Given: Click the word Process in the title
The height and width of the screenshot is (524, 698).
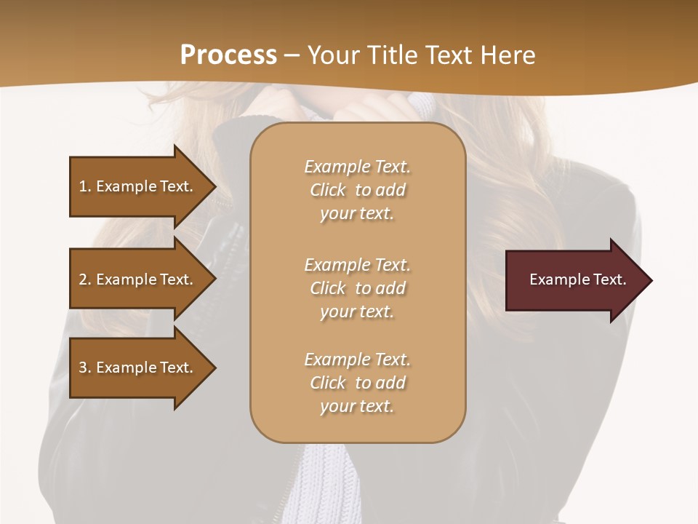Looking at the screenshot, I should (228, 55).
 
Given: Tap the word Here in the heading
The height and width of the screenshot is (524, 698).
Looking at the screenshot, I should (507, 55).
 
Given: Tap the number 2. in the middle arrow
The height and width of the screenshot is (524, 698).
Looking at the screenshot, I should (84, 279).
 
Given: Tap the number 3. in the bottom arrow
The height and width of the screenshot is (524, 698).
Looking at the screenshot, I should (84, 368).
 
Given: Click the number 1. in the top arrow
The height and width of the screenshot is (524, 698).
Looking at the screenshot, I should (84, 186).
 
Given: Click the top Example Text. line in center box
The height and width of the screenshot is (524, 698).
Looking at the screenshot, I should (357, 167).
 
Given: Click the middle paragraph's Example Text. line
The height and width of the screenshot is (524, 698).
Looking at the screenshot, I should (357, 265).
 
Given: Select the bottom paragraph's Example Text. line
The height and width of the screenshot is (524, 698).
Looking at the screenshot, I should (357, 360).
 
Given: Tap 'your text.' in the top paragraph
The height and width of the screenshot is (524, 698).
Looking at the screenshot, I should (357, 214).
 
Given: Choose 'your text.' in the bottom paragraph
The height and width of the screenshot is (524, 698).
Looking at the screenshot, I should (357, 406).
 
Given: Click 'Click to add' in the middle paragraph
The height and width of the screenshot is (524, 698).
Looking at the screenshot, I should (357, 288).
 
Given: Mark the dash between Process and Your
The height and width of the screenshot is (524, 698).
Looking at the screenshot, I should (292, 56).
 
